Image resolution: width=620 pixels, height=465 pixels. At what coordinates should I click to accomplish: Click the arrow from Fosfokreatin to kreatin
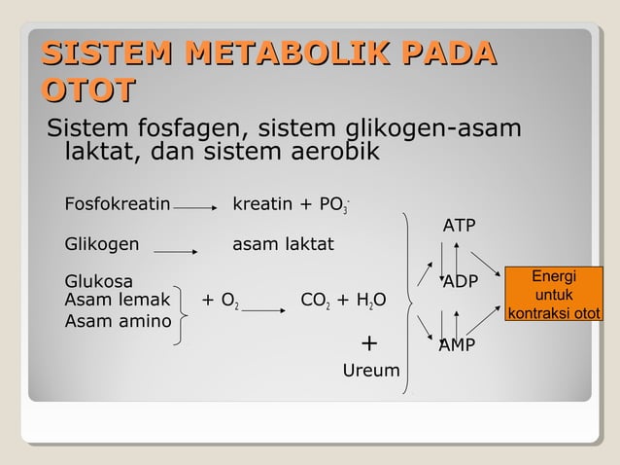[197, 206]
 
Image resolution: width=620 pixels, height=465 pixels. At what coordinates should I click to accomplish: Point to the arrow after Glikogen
[176, 250]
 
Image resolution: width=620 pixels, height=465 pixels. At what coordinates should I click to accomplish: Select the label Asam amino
[117, 321]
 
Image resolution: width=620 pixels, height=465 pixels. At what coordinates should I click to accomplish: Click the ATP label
[460, 226]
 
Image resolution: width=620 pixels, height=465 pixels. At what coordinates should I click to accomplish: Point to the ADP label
[461, 283]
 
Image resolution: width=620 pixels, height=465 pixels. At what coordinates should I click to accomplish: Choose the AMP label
[457, 344]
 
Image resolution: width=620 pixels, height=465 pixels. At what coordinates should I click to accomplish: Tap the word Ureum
[371, 371]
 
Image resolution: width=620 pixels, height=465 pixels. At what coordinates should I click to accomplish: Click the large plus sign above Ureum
[369, 343]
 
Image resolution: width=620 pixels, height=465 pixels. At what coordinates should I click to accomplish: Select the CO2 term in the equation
[318, 301]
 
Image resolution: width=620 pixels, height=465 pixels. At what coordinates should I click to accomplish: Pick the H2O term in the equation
[369, 301]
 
